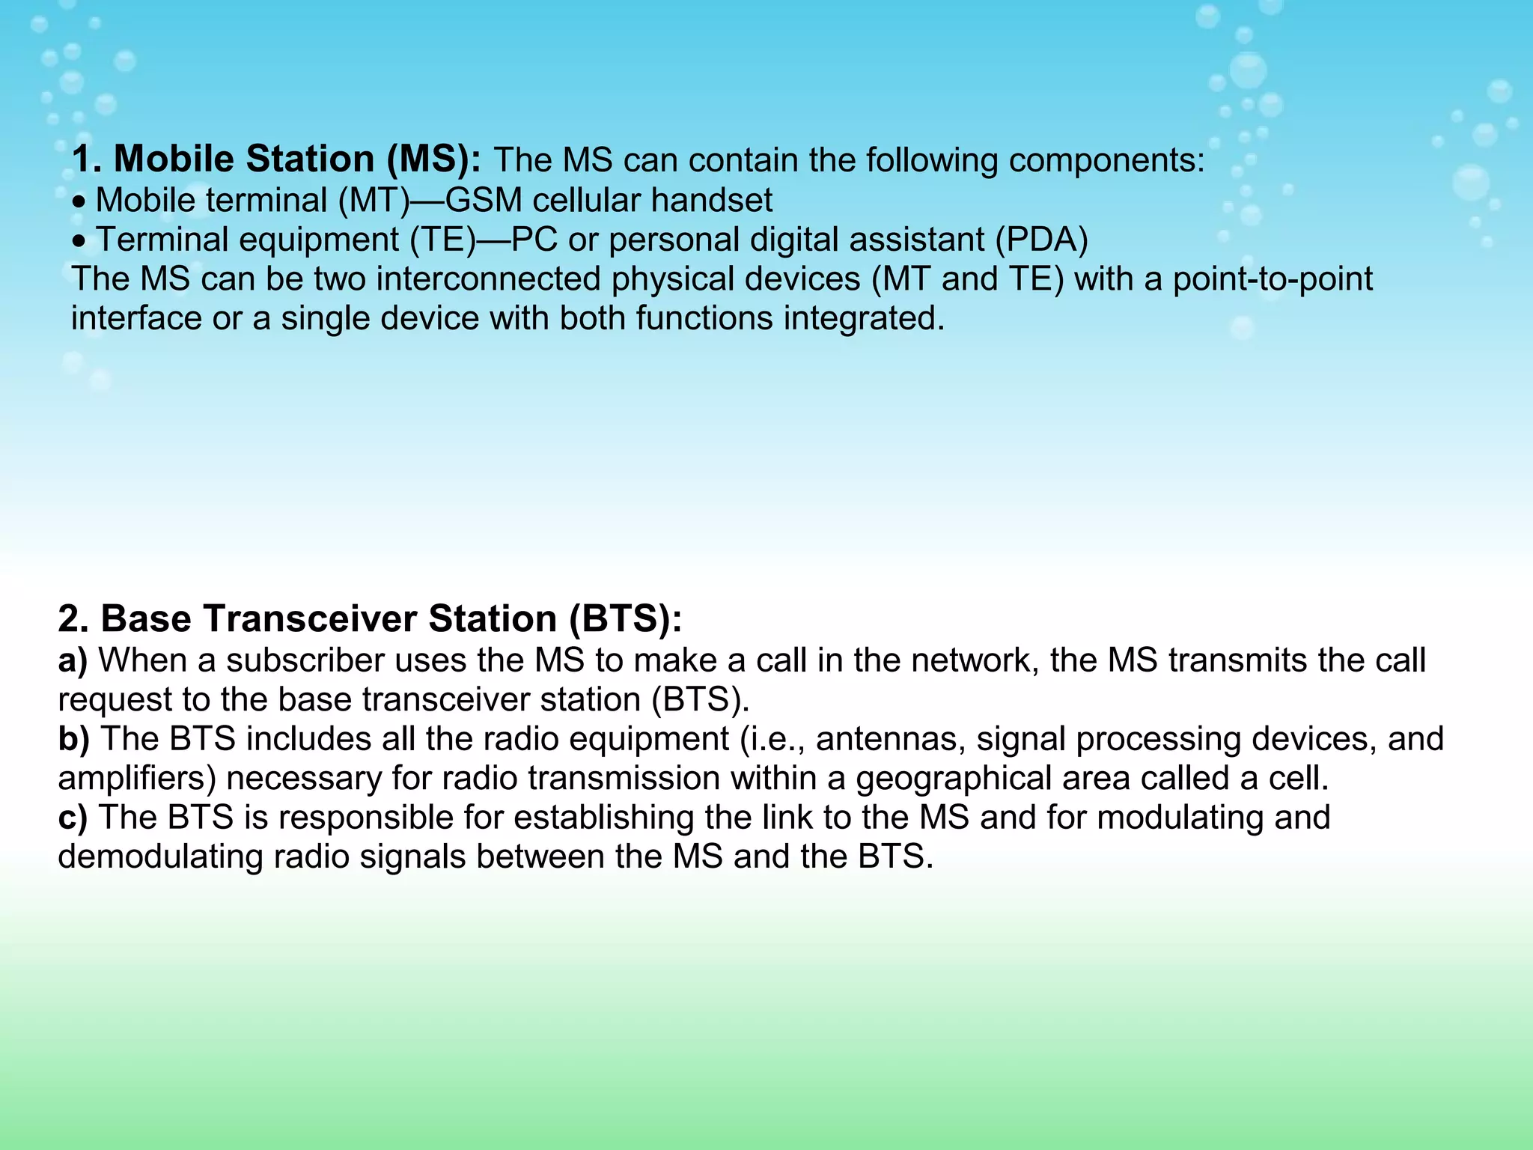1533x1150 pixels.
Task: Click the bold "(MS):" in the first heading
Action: point(434,159)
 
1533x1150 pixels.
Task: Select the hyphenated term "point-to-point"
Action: point(1273,279)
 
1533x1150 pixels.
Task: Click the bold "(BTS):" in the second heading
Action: point(625,618)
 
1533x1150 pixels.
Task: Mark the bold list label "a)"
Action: point(73,660)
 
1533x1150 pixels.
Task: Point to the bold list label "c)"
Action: point(73,818)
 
